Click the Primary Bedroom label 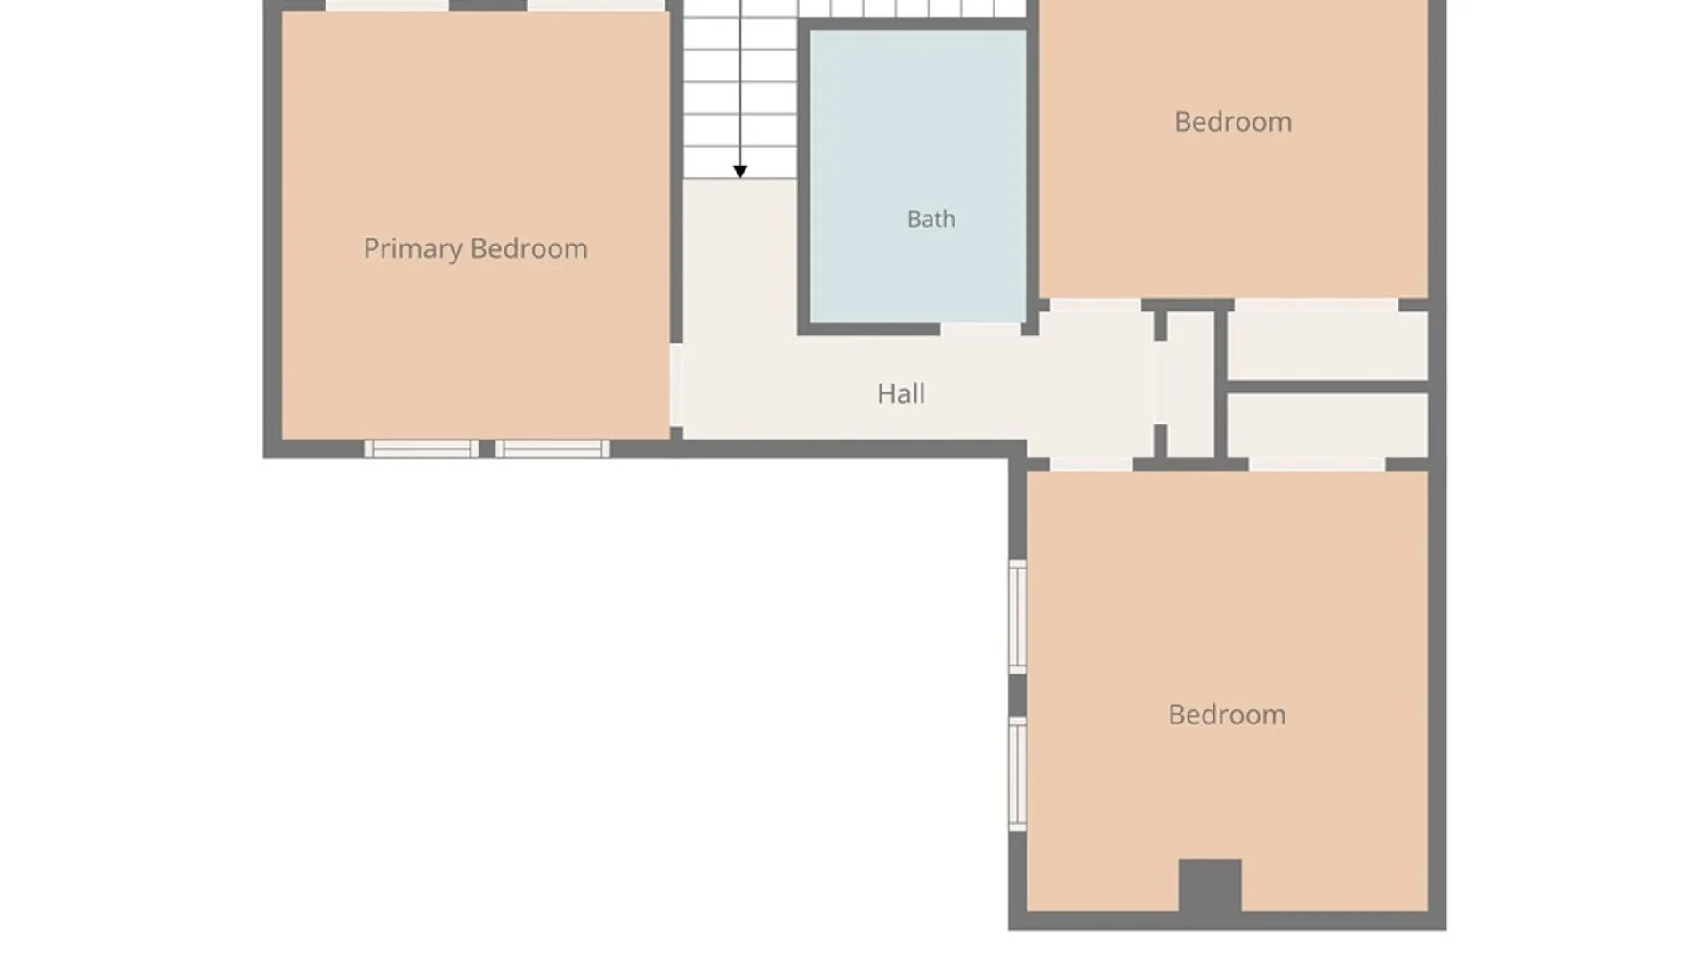475,249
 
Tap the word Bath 931,219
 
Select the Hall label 900,393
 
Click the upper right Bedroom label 1233,122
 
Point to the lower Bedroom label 1227,715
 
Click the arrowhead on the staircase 740,171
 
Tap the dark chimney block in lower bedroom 1210,885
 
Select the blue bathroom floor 918,176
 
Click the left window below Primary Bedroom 422,449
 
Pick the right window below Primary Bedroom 552,449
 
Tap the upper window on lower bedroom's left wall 1018,617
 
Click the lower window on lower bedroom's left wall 1018,774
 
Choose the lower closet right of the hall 1328,425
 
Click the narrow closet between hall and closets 1190,384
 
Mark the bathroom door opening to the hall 980,329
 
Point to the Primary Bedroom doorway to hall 676,385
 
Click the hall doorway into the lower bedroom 1092,464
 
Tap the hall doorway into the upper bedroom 1095,305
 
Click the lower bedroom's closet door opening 1317,464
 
